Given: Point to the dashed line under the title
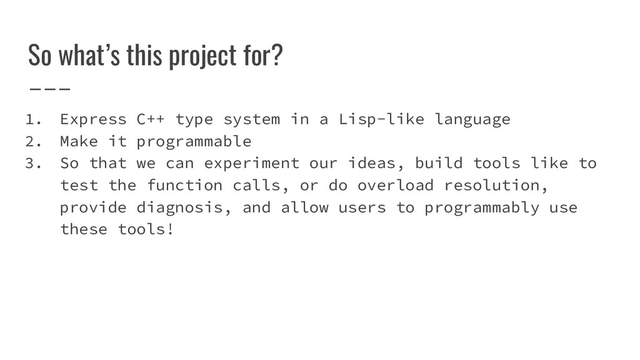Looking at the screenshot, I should coord(49,88).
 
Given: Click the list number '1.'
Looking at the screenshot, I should coord(32,119).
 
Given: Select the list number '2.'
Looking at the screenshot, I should coord(32,141).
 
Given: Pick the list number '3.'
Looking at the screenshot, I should coord(32,163).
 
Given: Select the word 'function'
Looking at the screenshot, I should coord(184,186).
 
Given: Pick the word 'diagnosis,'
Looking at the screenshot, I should coord(184,208).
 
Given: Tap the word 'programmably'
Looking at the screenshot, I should coord(481,208).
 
